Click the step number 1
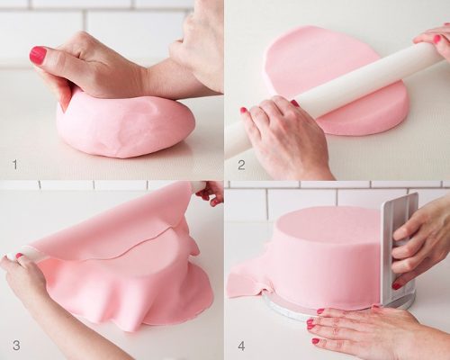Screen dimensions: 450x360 (x=15, y=165)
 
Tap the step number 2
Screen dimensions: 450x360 (x=241, y=165)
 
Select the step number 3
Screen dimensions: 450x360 (x=16, y=346)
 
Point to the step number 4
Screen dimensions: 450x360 (x=241, y=346)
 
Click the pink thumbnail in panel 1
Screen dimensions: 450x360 (x=38, y=55)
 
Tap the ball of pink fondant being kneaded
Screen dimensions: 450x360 (x=126, y=124)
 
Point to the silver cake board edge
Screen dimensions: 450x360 (x=288, y=309)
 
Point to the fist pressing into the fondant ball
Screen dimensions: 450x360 (x=90, y=69)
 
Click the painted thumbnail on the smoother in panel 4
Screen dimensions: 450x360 (x=397, y=286)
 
